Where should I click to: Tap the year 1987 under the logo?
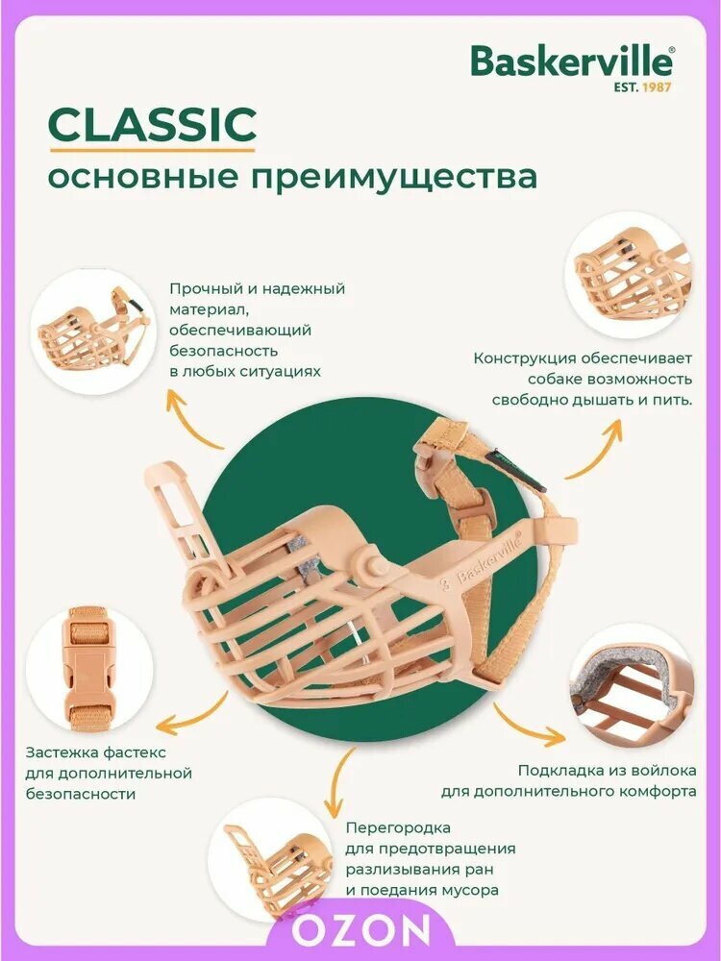(657, 87)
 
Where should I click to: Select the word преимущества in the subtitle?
(395, 177)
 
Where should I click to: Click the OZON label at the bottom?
(360, 930)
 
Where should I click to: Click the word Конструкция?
(524, 358)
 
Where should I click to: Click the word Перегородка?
(398, 828)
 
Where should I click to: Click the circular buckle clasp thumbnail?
(89, 668)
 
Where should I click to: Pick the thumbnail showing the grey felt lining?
(632, 686)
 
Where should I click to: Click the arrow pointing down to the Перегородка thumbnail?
(339, 782)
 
